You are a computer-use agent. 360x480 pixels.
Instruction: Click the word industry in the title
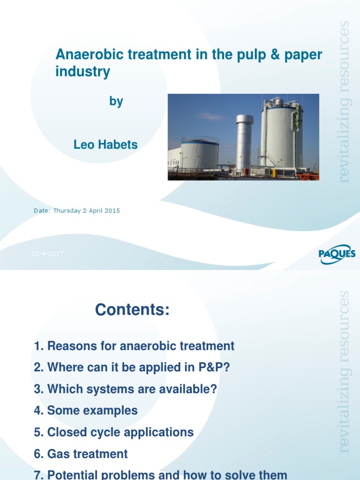point(83,72)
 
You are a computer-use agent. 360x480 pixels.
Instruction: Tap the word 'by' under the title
point(116,101)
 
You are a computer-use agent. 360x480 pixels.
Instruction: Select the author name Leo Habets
point(105,145)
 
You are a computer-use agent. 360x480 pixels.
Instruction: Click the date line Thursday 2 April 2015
point(76,211)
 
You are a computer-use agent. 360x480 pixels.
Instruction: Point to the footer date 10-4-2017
point(47,254)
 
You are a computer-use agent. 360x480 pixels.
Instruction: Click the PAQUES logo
point(337,255)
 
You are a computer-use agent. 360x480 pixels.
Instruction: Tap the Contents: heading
point(132,310)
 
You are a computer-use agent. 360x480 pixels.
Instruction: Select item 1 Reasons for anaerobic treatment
point(134,346)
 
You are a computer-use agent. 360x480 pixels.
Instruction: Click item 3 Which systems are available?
point(126,389)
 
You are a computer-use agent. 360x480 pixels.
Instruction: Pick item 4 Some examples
point(86,411)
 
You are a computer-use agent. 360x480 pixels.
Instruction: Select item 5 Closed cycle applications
point(114,432)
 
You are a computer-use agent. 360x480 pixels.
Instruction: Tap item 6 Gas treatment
point(81,454)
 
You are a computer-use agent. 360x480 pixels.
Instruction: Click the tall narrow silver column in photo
point(244,141)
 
